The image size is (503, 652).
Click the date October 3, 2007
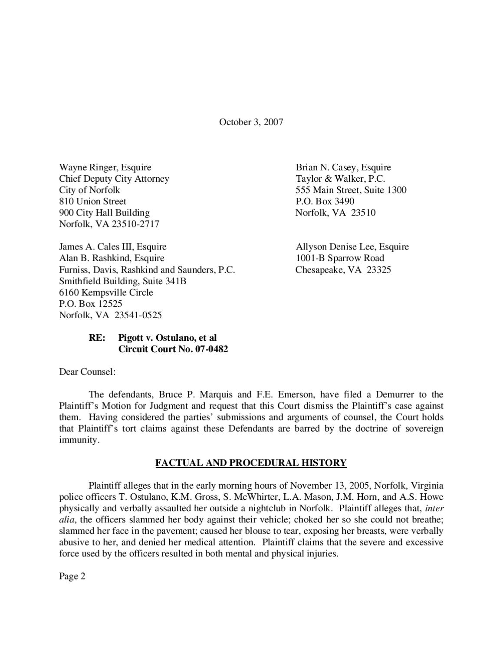(251, 122)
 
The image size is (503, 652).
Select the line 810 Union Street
(92, 202)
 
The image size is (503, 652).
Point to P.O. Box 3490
(325, 202)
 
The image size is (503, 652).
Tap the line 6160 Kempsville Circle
(106, 293)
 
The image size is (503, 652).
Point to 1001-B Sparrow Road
(340, 258)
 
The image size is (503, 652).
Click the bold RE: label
(97, 338)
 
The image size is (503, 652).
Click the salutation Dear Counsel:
(87, 372)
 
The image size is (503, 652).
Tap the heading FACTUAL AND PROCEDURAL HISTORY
(251, 463)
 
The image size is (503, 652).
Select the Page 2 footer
(72, 577)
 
